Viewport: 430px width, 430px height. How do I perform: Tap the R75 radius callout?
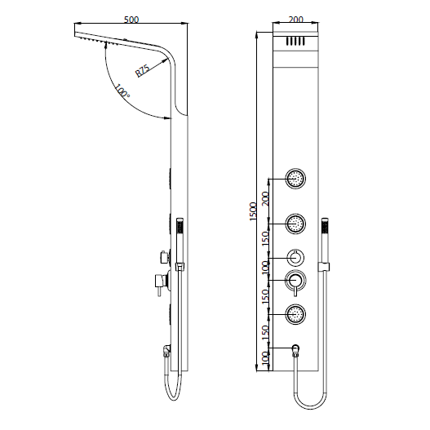click(x=143, y=70)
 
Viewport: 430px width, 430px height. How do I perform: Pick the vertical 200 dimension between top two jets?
click(x=265, y=198)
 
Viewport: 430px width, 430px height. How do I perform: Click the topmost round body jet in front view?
click(x=295, y=177)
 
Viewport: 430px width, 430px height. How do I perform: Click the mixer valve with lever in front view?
click(x=295, y=281)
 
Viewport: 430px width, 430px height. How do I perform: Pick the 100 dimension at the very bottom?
click(x=265, y=358)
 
